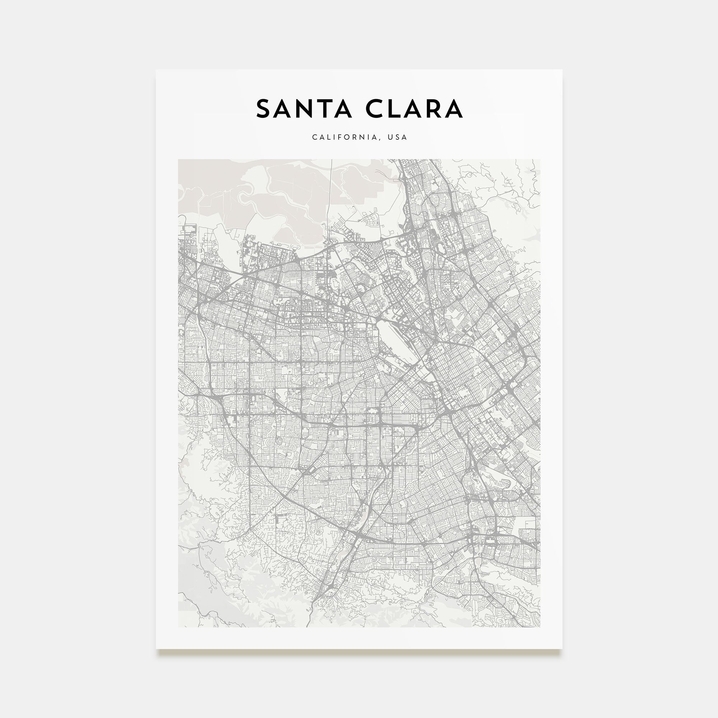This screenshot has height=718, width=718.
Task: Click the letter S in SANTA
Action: (264, 109)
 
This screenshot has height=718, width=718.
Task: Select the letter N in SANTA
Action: (308, 109)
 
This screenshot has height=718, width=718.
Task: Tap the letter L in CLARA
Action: (396, 109)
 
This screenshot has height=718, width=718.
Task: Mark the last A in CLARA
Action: (454, 109)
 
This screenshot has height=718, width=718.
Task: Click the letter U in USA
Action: (390, 137)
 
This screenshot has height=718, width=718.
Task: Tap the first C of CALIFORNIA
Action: (314, 137)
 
